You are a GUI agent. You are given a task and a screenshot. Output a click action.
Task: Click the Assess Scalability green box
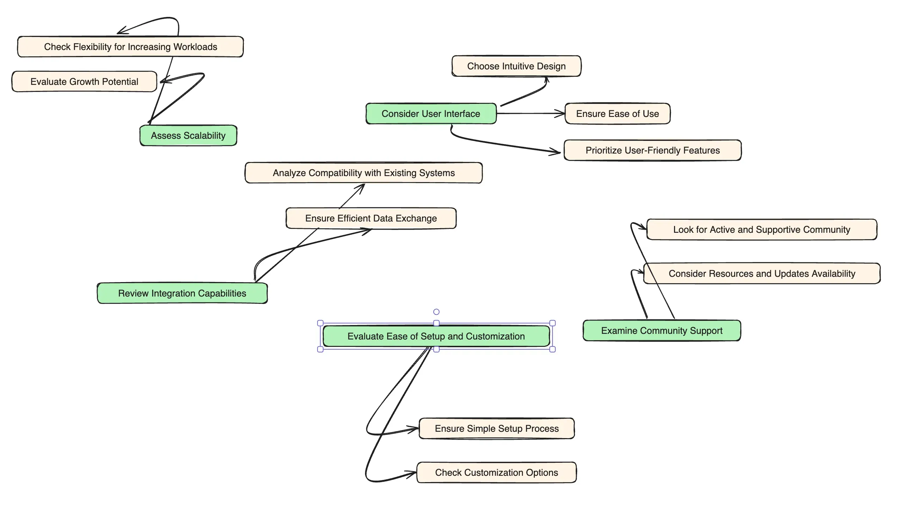pos(188,136)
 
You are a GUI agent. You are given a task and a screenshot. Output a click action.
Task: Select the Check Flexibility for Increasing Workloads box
pos(130,46)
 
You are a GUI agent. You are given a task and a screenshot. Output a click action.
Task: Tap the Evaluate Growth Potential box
pos(84,81)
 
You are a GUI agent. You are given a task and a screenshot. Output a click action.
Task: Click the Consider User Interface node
pos(431,113)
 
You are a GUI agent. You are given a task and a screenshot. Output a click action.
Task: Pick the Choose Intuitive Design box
pos(516,66)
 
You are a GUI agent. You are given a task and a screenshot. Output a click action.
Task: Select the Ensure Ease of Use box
pos(617,113)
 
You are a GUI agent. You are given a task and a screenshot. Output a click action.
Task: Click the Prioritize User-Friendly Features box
pos(652,150)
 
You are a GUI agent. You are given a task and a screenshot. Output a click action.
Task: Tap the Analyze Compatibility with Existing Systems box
pos(364,173)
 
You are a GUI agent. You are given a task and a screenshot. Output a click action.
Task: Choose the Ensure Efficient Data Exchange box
pos(371,218)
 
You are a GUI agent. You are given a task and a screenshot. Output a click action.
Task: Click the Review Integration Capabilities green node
pos(182,293)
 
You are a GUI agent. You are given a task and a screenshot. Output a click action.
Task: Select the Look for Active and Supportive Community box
pos(761,230)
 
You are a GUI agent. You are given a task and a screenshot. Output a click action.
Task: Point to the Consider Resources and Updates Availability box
pos(761,273)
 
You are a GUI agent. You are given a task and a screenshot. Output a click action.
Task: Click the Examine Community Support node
pos(661,330)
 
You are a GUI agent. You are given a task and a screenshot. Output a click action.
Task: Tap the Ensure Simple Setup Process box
pos(496,429)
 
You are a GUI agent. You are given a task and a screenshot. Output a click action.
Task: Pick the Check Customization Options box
pos(496,473)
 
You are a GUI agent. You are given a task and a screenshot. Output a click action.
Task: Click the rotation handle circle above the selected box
pos(436,312)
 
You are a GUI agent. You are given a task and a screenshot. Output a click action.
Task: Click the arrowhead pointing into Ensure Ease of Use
pos(561,113)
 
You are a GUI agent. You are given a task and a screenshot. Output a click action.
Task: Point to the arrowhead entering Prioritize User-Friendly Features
pos(556,152)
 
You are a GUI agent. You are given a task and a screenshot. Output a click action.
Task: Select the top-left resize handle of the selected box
pos(320,323)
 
